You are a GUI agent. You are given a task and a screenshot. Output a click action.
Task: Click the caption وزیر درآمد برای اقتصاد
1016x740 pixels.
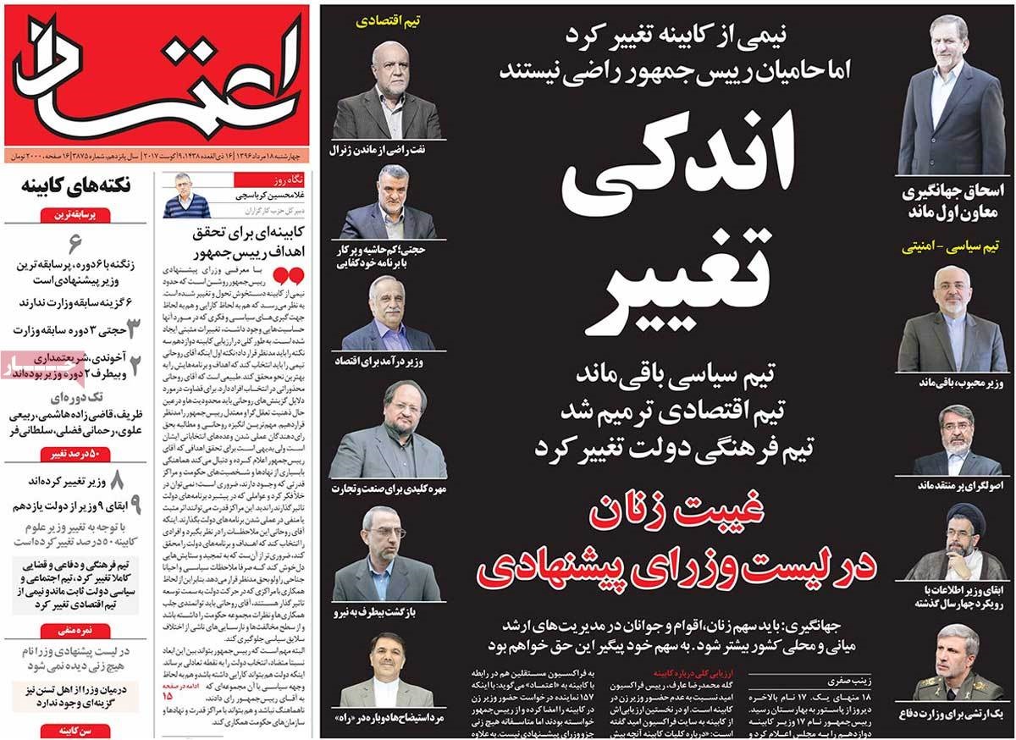(387, 362)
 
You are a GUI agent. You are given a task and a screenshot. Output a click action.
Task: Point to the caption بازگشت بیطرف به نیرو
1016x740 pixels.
(387, 610)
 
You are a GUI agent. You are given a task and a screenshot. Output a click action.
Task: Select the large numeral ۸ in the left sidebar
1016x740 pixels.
(116, 481)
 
